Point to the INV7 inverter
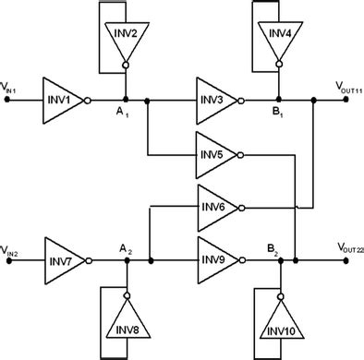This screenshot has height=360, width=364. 63,260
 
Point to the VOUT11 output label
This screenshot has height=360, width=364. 347,86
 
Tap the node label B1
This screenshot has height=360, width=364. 274,112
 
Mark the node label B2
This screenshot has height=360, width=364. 274,248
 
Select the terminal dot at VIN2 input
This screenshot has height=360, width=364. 8,260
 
